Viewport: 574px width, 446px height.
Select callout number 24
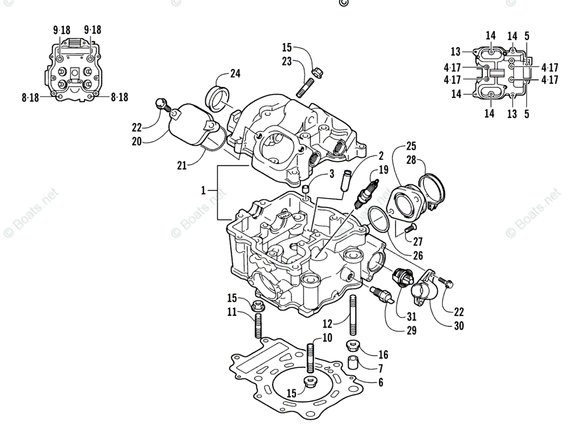click(235, 74)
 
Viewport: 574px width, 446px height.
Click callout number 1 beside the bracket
click(203, 190)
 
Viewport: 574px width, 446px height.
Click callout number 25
click(411, 145)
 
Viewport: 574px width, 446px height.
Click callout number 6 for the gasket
click(381, 382)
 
